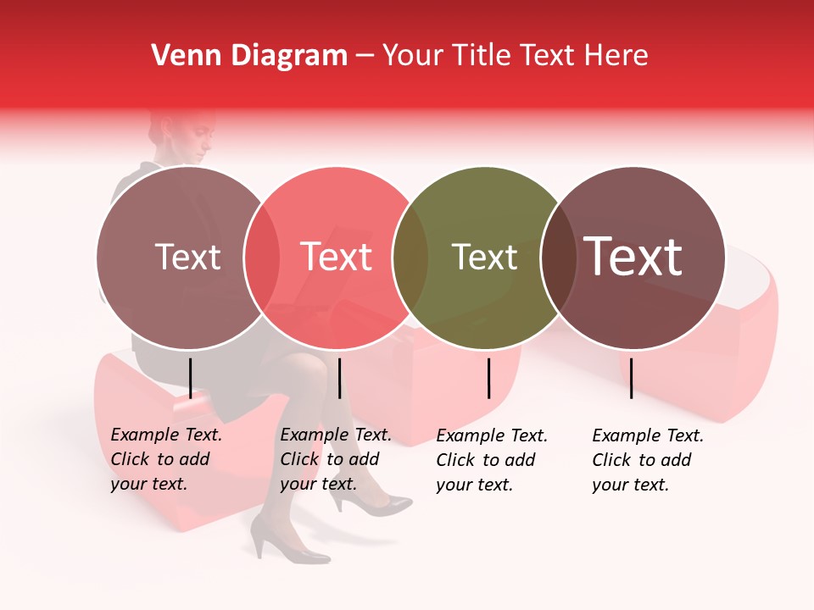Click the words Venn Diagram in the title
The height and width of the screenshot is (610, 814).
(249, 56)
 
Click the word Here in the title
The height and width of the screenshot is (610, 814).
(616, 56)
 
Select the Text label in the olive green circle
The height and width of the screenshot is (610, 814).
(484, 257)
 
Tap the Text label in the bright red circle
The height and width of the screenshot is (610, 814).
(337, 257)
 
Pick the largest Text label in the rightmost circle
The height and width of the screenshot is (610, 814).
(633, 256)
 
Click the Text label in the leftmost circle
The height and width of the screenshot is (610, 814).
(187, 257)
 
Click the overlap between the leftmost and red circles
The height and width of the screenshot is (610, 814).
(262, 258)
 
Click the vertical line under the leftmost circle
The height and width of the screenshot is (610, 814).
(190, 378)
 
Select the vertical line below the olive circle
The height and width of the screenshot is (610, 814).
(488, 378)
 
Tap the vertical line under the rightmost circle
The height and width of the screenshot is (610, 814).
(632, 378)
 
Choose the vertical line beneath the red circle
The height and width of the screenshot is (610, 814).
(339, 378)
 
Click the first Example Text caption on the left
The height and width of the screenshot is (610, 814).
(166, 459)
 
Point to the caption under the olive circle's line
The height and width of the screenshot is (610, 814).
(492, 460)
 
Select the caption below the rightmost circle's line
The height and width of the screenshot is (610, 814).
(648, 460)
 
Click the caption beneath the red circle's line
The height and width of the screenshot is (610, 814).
(336, 459)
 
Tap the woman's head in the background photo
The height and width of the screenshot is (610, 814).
(189, 136)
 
